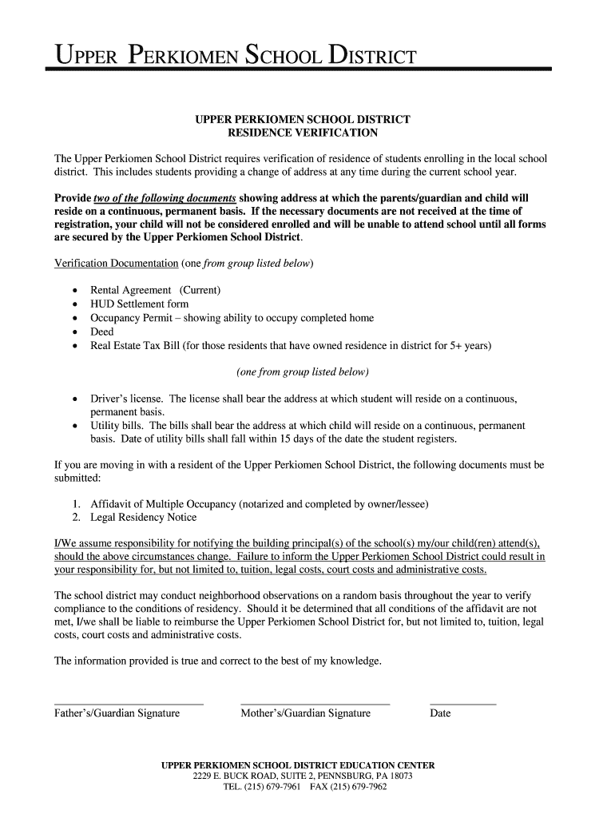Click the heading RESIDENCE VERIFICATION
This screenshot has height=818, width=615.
tap(303, 133)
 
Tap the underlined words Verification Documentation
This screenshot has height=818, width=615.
tap(116, 263)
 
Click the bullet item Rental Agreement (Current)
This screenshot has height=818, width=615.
tap(155, 289)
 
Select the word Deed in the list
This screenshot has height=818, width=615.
tap(102, 332)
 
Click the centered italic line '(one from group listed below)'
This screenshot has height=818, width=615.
tap(303, 372)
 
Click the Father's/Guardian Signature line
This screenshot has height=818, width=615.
tap(128, 704)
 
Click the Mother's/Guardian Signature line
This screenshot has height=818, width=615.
tap(315, 704)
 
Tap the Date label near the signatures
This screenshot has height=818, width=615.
tap(440, 713)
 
